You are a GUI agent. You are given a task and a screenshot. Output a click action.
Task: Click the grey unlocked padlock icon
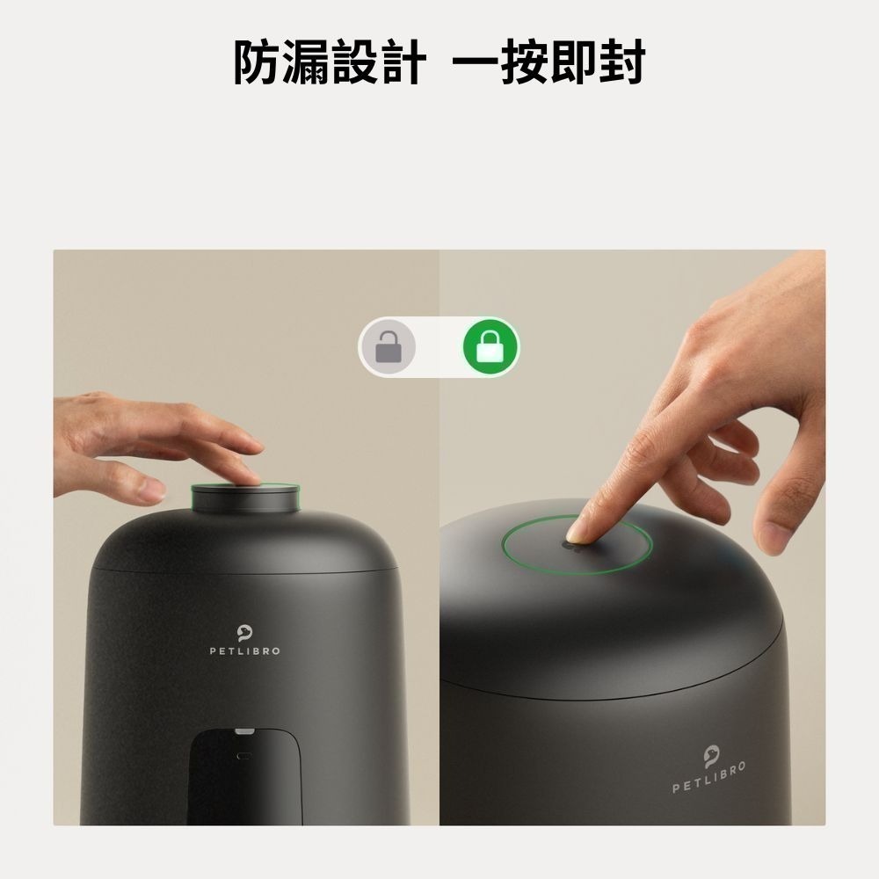click(x=389, y=347)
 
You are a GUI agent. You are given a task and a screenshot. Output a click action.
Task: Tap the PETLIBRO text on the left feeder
click(x=244, y=651)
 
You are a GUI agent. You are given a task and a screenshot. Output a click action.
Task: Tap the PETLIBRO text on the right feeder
click(x=709, y=777)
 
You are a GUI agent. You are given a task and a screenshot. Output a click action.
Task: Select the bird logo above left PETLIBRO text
click(x=244, y=632)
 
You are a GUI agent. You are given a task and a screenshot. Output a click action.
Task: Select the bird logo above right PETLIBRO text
click(x=711, y=754)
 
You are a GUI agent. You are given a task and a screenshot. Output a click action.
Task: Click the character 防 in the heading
click(x=258, y=63)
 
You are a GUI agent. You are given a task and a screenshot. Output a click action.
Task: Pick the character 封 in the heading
click(x=621, y=63)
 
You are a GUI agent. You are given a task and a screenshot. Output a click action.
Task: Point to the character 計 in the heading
click(x=403, y=63)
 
